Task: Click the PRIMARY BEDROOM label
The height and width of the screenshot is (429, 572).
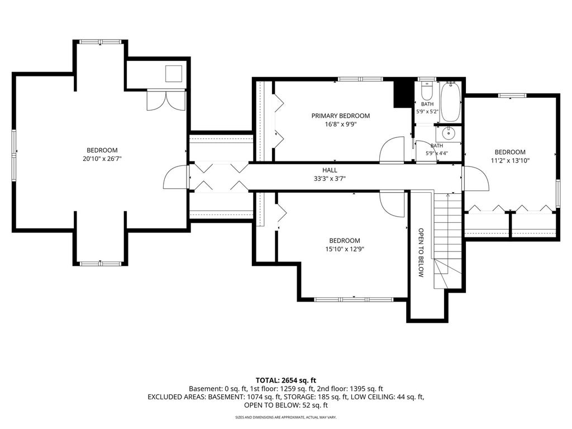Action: [340, 116]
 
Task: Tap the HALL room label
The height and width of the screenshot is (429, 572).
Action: [330, 170]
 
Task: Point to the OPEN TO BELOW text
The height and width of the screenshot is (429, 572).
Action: [421, 253]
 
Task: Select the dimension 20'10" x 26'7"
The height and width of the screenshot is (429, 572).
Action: [102, 159]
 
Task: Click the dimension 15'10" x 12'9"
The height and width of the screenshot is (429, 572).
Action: [345, 249]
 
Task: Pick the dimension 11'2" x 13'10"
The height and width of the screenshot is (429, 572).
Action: [510, 160]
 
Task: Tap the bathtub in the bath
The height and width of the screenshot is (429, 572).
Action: [451, 102]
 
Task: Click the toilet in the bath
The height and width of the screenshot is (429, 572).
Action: [426, 91]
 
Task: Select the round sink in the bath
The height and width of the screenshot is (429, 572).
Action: [448, 134]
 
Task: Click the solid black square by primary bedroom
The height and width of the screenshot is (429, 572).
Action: [402, 94]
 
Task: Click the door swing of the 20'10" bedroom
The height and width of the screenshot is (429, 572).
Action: [175, 177]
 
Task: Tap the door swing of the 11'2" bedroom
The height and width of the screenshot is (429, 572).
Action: [476, 178]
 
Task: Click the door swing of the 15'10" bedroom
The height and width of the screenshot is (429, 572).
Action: [392, 204]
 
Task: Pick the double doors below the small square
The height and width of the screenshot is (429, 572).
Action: [166, 101]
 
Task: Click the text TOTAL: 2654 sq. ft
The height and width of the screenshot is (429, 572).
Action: [285, 380]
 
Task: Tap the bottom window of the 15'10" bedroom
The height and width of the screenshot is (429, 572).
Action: [354, 299]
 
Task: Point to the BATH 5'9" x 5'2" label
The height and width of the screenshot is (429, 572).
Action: [427, 108]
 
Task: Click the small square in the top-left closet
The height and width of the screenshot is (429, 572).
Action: [174, 74]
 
